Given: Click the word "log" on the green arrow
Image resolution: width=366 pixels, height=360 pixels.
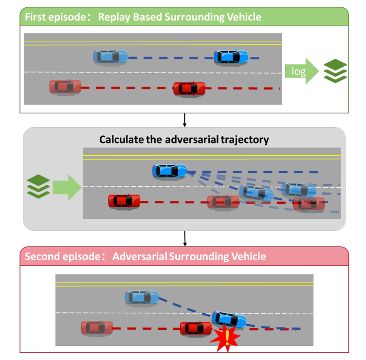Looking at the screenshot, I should coord(298,72).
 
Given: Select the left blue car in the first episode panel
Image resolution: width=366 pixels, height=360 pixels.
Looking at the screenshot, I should coord(111,57).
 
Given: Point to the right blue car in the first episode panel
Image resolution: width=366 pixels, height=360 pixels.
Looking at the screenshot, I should coord(231,57).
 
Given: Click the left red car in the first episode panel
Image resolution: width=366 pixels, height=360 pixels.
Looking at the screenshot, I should coord(65,87).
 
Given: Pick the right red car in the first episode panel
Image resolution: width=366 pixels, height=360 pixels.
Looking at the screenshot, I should coord(189,89).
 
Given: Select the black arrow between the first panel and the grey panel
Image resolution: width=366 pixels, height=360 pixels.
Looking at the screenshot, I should coord(185,119).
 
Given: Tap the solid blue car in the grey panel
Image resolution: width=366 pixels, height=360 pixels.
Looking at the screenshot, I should coord(169,171).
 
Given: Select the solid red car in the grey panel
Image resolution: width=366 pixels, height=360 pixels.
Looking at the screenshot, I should coord(124,200).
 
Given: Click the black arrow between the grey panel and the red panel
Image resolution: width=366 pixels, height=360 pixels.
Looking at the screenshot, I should coord(185,238).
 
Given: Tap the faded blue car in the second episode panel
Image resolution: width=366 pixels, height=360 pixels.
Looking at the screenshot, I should coord(142,297).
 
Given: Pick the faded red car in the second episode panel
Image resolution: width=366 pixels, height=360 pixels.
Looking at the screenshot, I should coord(97,327).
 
